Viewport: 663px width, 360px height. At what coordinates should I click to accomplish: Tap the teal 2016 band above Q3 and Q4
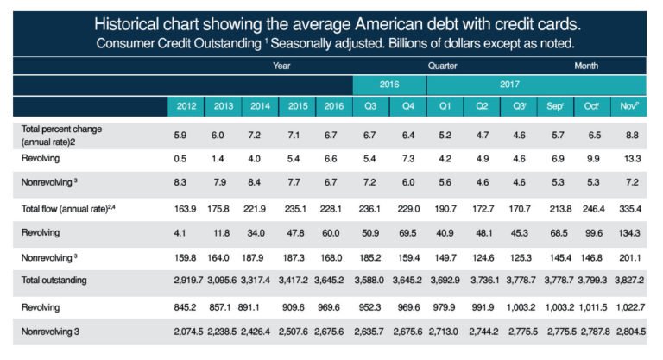(x=389, y=85)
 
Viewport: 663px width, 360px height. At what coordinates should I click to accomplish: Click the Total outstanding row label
(x=57, y=281)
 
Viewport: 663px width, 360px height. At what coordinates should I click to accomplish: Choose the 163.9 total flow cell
(x=186, y=208)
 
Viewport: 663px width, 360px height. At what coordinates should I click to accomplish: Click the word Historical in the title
(x=128, y=22)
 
